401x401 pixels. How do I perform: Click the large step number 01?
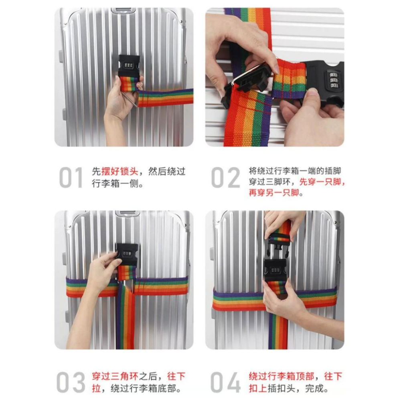71,178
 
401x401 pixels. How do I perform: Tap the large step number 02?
225,178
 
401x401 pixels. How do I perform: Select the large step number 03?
71,382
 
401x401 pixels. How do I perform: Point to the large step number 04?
225,382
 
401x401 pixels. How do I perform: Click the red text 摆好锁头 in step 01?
119,171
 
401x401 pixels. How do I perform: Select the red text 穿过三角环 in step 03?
115,377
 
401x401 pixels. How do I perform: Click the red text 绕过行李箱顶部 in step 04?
281,377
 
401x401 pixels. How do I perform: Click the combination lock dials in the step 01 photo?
129,65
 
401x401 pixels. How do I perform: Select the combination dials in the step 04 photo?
275,270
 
